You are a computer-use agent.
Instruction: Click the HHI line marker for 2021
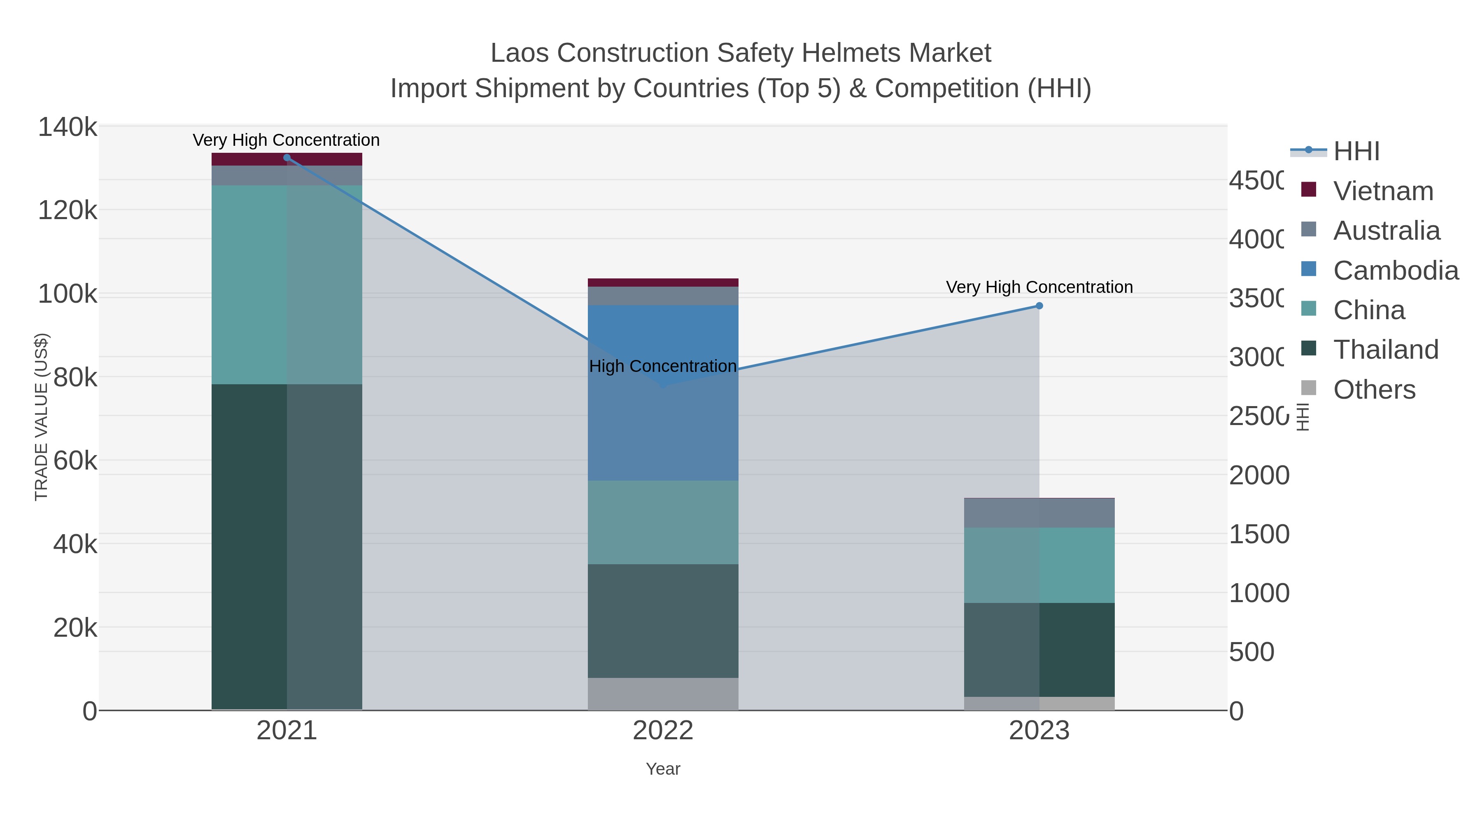click(287, 158)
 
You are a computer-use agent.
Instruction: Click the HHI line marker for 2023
click(1039, 306)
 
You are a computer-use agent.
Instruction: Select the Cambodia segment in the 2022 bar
click(663, 426)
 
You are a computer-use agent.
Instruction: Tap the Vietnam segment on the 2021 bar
click(287, 159)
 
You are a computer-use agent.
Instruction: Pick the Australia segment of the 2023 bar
click(1039, 513)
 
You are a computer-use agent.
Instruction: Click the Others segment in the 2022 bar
click(663, 694)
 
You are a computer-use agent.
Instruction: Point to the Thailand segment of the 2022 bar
click(663, 621)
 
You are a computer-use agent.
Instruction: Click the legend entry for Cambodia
click(1395, 271)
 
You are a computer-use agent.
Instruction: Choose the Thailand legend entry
click(1385, 350)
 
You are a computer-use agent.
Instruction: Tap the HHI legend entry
click(1356, 152)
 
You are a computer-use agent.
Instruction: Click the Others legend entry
click(1374, 390)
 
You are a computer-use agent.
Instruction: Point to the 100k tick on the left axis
click(68, 294)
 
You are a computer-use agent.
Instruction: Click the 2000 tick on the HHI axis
click(1259, 475)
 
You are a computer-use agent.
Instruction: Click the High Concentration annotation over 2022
click(663, 366)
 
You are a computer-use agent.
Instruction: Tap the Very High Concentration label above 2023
click(1039, 287)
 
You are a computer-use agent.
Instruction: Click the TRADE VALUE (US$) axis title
click(42, 417)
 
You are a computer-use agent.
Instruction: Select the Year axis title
click(663, 769)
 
